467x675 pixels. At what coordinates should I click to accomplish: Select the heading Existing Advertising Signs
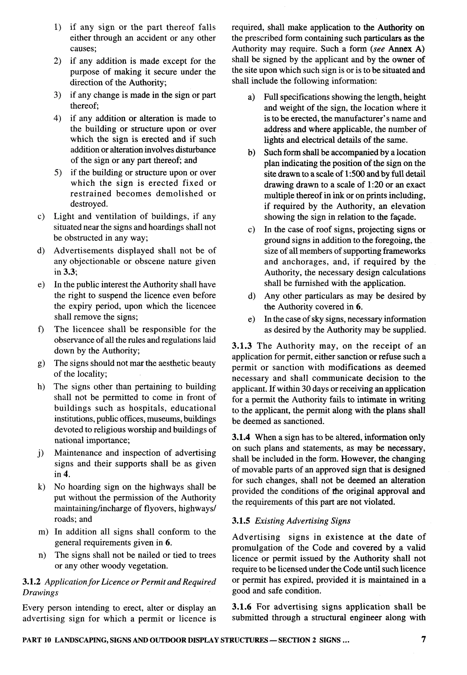point(303,521)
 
